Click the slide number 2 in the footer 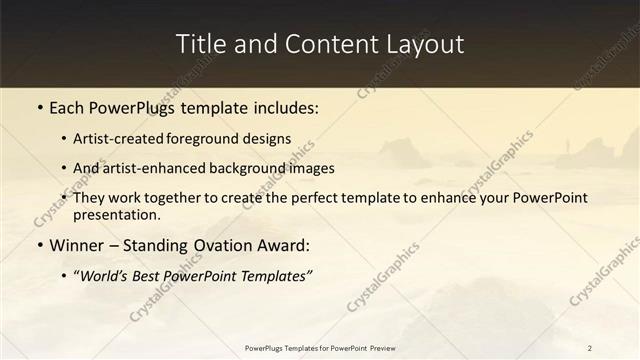[590, 347]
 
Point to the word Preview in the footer [378, 347]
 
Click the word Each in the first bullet [68, 109]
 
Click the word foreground [217, 139]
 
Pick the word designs [271, 139]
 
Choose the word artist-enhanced [154, 169]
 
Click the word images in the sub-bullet [310, 169]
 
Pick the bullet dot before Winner [38, 244]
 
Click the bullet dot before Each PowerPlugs [38, 109]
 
